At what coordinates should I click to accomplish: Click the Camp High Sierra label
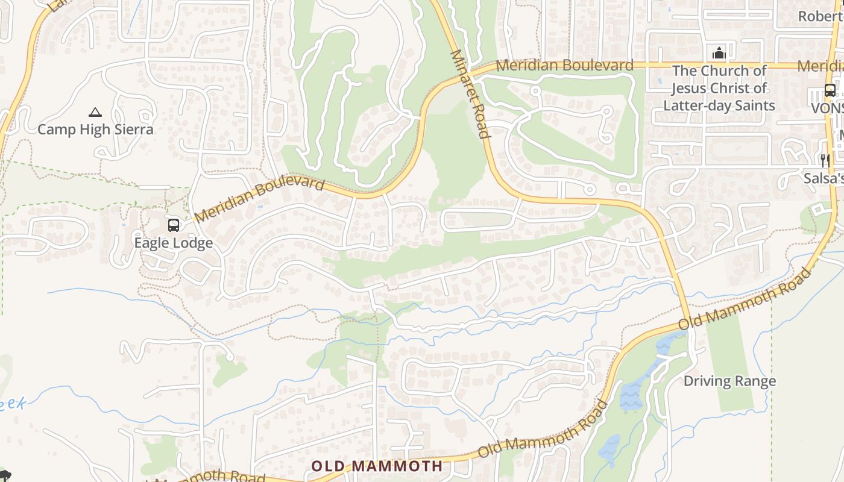click(95, 130)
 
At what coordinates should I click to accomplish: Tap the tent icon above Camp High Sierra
click(95, 112)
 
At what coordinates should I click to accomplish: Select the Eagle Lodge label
click(173, 243)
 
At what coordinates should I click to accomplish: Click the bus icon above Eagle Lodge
click(174, 225)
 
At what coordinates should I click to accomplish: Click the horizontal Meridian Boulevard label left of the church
click(564, 65)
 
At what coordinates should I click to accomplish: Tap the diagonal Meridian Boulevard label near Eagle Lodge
click(260, 200)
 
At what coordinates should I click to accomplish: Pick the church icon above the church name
click(719, 53)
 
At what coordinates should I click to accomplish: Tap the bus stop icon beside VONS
click(830, 91)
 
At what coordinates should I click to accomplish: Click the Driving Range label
click(729, 381)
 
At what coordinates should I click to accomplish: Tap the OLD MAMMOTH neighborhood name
click(377, 466)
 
